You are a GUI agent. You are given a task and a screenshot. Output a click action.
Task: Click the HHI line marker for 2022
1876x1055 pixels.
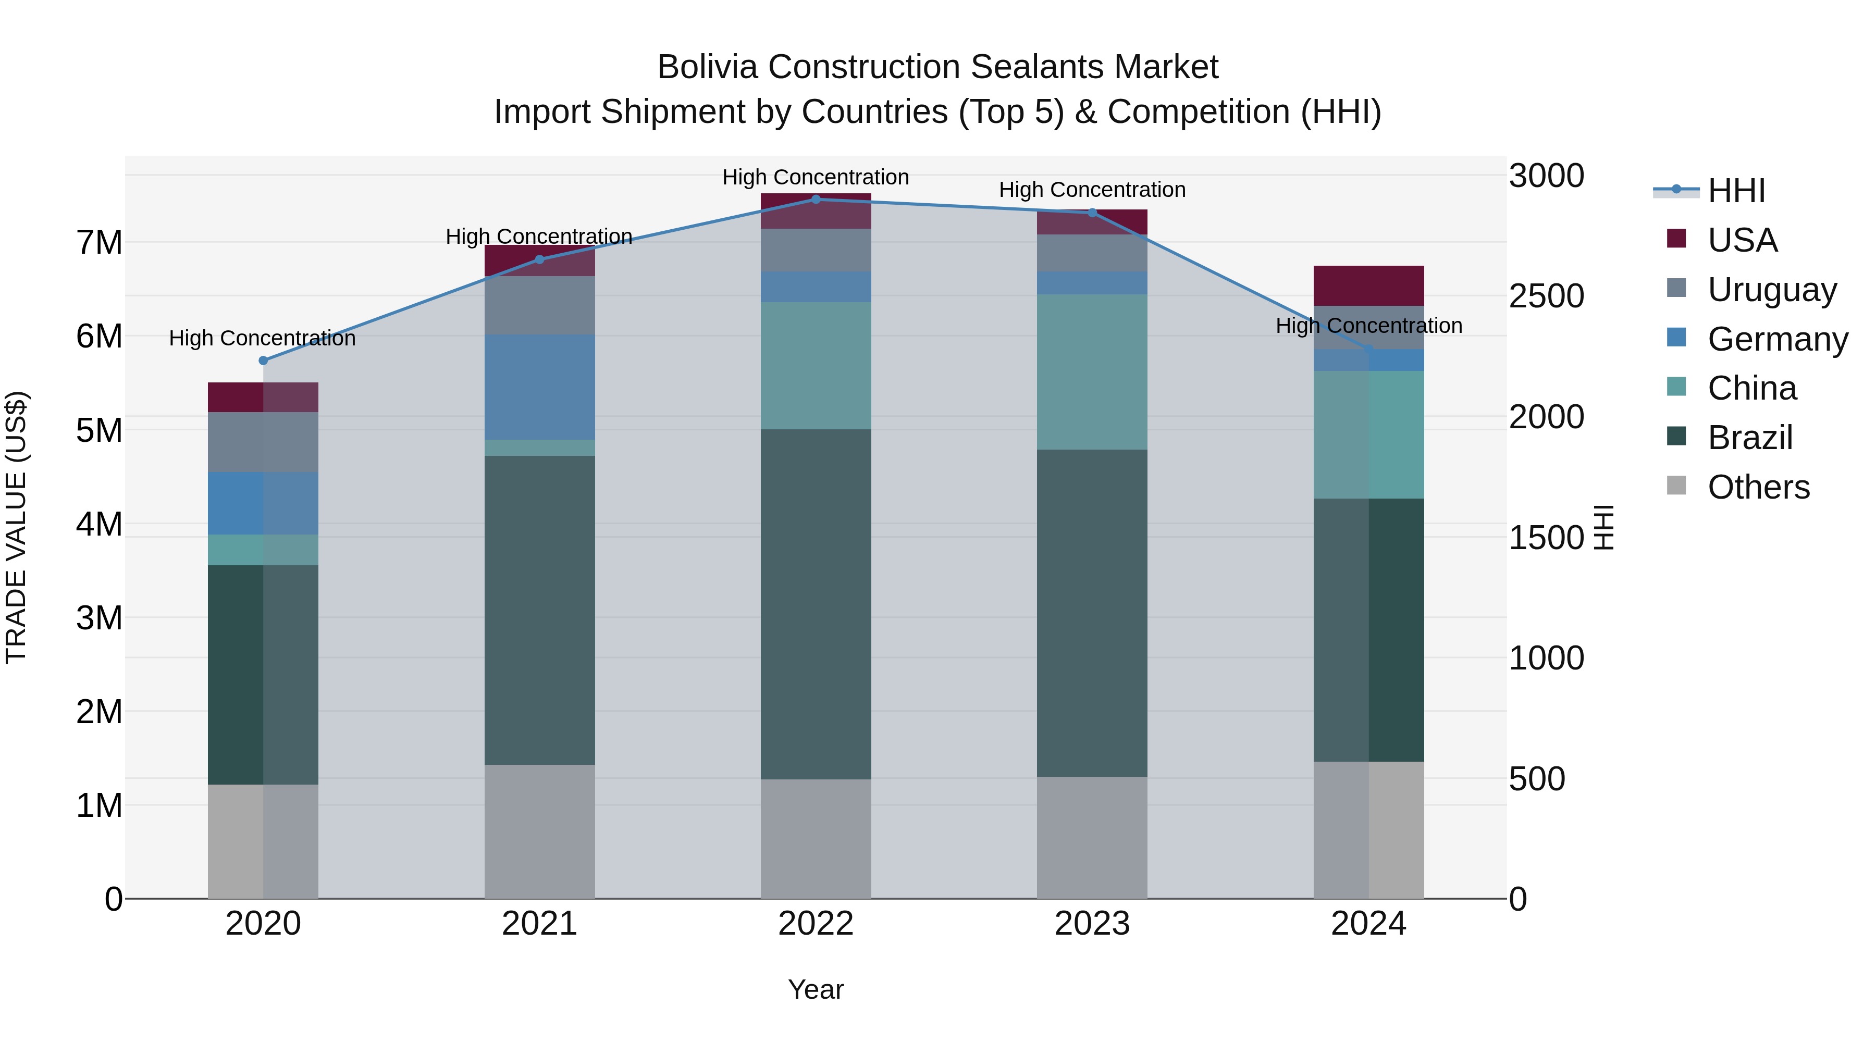tap(816, 200)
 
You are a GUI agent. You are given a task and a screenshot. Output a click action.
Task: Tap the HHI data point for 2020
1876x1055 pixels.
tap(264, 361)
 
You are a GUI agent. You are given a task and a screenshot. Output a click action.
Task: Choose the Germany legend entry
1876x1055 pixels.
tap(1777, 339)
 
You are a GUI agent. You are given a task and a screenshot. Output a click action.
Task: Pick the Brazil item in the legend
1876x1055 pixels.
tap(1749, 438)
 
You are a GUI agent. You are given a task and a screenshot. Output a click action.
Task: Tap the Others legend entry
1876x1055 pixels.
tap(1758, 487)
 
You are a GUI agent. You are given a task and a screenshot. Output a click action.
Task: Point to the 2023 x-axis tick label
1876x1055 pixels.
tap(1092, 924)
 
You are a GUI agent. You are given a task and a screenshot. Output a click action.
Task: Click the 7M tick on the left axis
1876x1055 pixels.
tap(99, 242)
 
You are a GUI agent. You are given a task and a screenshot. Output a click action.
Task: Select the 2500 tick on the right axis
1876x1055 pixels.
tap(1546, 296)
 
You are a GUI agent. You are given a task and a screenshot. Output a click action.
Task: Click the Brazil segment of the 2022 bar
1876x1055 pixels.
tap(816, 604)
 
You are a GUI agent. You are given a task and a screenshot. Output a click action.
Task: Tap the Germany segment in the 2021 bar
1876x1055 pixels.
tap(540, 387)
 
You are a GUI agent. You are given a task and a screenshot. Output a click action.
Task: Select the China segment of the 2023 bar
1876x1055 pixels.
tap(1092, 371)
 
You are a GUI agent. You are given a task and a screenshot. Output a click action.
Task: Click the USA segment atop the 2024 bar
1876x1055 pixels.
tap(1368, 286)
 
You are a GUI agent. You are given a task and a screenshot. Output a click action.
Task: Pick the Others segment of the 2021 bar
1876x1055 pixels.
tap(540, 831)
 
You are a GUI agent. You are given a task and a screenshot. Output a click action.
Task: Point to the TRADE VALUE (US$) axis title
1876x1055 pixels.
tap(16, 527)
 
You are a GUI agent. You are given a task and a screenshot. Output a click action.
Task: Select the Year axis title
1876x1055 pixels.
tap(816, 989)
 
